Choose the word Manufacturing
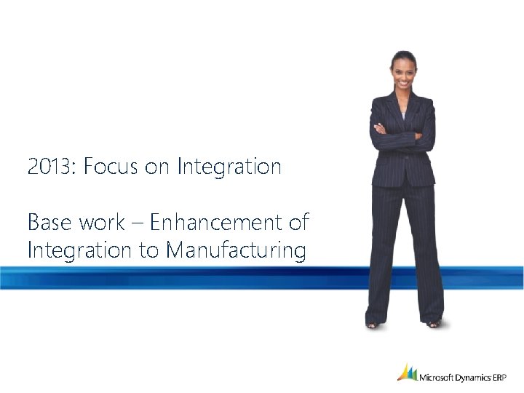(235, 252)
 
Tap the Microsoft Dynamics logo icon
(407, 372)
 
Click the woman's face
(403, 73)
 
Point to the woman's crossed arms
(402, 135)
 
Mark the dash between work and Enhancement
(138, 222)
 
